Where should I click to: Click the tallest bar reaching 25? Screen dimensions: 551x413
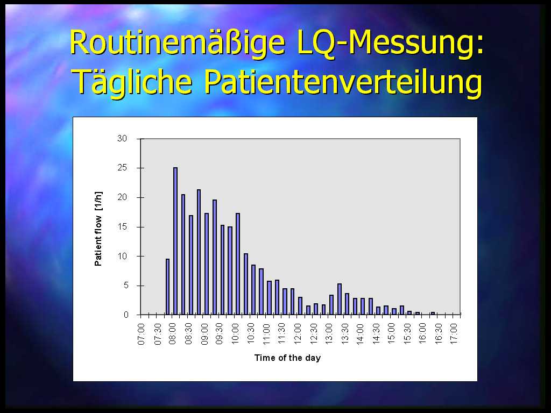(175, 241)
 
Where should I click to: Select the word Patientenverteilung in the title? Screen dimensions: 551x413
(343, 82)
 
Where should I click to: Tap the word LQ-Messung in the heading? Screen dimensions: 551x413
(391, 43)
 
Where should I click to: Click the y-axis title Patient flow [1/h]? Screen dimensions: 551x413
(98, 229)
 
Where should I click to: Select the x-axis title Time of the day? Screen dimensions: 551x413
(287, 358)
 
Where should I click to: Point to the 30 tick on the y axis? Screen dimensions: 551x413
(122, 139)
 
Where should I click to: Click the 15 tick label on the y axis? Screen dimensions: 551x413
(122, 227)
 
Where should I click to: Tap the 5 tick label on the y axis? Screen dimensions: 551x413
(126, 286)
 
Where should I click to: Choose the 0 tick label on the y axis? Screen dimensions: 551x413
(126, 315)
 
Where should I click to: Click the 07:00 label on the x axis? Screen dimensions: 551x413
(141, 334)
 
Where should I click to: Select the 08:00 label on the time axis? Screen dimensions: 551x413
(172, 334)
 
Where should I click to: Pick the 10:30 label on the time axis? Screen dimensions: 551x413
(251, 334)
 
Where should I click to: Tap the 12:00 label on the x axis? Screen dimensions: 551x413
(298, 334)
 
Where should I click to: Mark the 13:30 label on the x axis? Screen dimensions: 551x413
(345, 334)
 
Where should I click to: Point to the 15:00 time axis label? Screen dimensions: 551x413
(392, 334)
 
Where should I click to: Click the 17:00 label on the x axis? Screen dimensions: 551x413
(454, 334)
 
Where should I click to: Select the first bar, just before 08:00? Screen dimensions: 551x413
(168, 287)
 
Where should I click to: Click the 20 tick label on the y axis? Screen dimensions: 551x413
(122, 197)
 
